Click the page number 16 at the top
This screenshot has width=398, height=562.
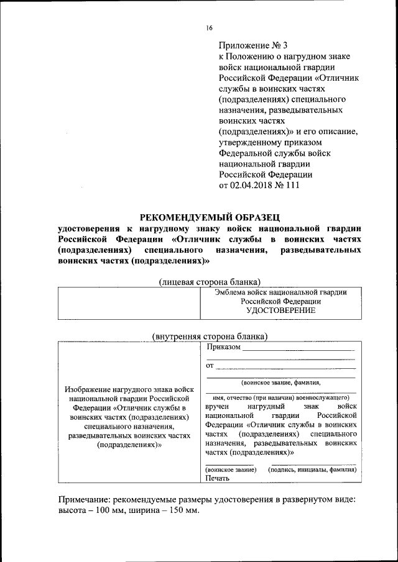click(x=209, y=28)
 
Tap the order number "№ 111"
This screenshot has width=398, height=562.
click(x=287, y=186)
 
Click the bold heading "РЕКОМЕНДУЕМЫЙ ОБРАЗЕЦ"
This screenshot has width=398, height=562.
click(x=210, y=217)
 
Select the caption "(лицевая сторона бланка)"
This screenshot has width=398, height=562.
click(x=209, y=281)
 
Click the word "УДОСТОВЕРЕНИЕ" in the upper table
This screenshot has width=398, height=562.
click(x=280, y=310)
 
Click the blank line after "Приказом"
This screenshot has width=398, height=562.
click(x=298, y=348)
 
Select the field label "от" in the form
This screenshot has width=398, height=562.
click(x=210, y=365)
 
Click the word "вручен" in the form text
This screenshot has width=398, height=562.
click(x=218, y=405)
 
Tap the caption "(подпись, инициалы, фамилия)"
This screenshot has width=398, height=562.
click(x=312, y=470)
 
